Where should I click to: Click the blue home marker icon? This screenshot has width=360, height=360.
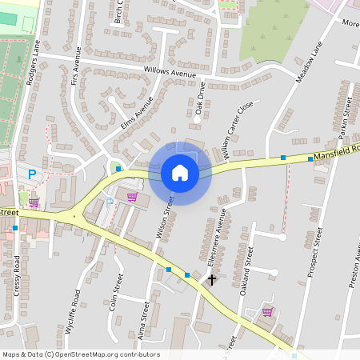180,172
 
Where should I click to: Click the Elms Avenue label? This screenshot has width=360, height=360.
136,114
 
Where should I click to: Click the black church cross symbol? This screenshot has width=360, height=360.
212,279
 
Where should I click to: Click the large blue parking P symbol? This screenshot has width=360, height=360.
32,174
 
